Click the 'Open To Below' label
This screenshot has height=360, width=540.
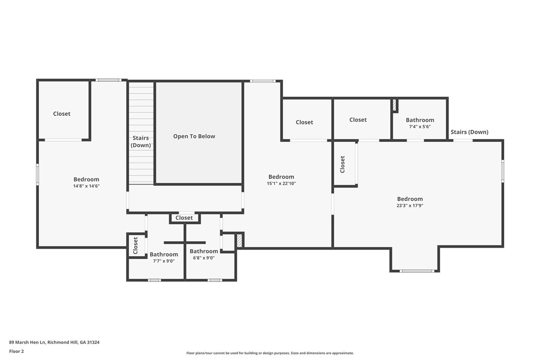[194, 136]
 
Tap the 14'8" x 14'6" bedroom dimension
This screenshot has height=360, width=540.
[86, 186]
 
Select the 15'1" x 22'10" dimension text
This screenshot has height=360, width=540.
[281, 183]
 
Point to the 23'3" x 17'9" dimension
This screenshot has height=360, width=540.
[410, 206]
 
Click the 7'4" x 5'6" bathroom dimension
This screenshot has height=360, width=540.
[420, 127]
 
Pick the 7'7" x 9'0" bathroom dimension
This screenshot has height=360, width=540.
[164, 261]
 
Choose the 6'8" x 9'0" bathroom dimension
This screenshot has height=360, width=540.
[203, 258]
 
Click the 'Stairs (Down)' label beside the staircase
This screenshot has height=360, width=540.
[141, 142]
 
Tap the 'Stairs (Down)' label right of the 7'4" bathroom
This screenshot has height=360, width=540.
[469, 132]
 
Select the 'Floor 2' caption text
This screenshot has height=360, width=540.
[16, 352]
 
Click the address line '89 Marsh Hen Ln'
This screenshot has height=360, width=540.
[27, 342]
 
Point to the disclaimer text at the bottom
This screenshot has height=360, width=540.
[270, 353]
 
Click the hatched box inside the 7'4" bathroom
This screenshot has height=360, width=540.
[395, 105]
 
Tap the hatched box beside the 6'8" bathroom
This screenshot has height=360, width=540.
[239, 240]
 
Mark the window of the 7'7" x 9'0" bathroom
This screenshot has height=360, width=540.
[154, 280]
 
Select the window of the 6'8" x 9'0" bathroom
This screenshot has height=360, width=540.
[215, 280]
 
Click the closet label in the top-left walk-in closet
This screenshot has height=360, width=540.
[62, 114]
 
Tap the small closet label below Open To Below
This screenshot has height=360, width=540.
[184, 218]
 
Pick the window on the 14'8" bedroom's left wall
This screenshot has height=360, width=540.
[37, 175]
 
